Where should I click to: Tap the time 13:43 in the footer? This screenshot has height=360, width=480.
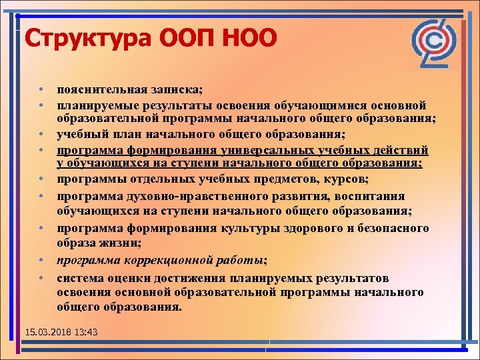[85, 331]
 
